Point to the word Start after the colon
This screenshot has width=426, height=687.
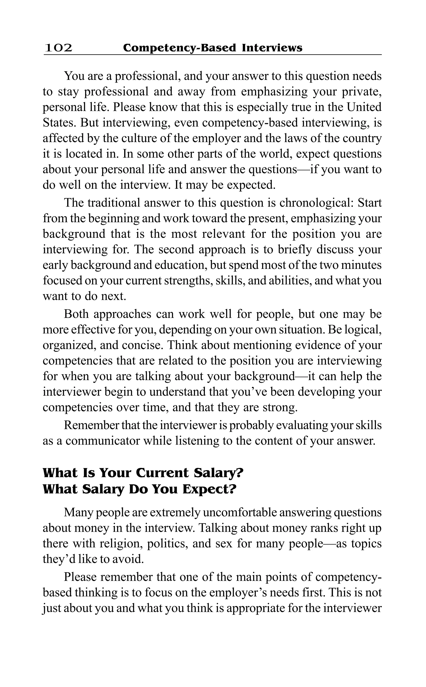(369, 203)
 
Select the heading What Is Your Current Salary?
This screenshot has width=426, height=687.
(143, 473)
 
